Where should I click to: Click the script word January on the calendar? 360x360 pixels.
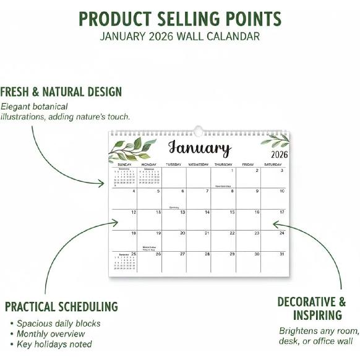tap(199, 148)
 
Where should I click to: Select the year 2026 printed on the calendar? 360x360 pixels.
tap(280, 154)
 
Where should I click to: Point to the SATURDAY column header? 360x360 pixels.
tap(273, 165)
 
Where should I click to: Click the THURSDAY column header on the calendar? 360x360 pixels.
tap(223, 165)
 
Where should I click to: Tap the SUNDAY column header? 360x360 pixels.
tap(124, 165)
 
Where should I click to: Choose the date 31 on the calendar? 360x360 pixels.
tap(281, 254)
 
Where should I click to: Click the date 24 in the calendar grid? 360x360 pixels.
tap(281, 233)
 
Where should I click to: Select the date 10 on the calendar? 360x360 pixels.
tap(281, 191)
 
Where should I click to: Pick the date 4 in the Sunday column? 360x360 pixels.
tap(134, 191)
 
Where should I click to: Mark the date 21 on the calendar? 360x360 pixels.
tap(207, 233)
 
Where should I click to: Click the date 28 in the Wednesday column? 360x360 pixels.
tap(207, 254)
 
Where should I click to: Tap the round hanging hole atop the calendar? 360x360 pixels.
tap(198, 131)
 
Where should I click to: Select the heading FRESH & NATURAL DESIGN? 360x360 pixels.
tap(61, 92)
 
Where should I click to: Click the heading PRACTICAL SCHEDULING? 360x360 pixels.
tap(61, 306)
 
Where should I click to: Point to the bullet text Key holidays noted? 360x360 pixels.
tap(54, 344)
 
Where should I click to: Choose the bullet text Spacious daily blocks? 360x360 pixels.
tap(58, 323)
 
